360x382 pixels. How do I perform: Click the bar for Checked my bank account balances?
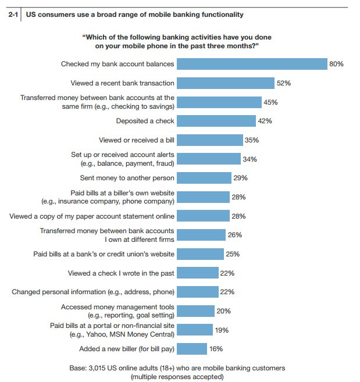[252, 64]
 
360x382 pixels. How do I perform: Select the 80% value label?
[336, 64]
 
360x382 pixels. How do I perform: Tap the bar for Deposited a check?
[216, 121]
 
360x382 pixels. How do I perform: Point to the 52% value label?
[283, 83]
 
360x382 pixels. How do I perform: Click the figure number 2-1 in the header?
[12, 14]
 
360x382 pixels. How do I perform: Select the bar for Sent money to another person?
[204, 178]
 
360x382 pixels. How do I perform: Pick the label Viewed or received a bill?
[137, 140]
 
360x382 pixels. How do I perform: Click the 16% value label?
[216, 349]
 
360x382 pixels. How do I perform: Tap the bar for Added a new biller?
[192, 349]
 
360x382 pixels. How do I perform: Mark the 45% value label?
[270, 102]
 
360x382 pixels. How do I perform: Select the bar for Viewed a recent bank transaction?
[226, 83]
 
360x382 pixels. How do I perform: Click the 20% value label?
[223, 311]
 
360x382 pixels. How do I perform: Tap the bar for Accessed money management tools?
[195, 311]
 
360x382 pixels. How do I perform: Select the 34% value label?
[249, 159]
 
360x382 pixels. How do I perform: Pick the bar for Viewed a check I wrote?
[198, 273]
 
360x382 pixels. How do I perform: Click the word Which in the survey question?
[97, 37]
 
